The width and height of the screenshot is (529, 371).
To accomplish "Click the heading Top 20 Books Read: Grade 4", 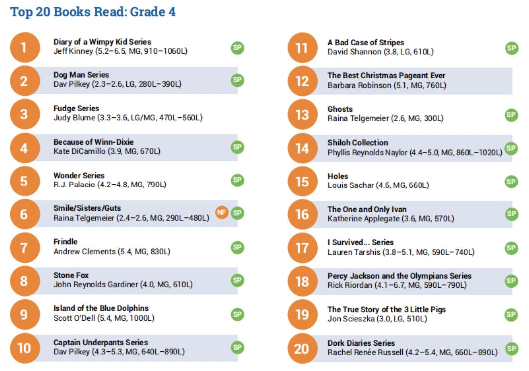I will click(93, 12).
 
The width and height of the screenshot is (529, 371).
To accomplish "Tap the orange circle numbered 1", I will click(24, 48).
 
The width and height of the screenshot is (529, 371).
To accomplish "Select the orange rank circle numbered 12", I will click(302, 81).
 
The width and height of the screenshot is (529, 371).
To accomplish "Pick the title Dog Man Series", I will click(81, 75).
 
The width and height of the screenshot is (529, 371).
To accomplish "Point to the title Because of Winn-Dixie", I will click(93, 142).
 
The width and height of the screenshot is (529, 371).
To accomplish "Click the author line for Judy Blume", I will click(128, 118).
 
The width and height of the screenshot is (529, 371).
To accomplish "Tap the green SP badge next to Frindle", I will click(237, 247).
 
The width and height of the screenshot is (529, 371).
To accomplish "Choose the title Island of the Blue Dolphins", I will click(101, 308).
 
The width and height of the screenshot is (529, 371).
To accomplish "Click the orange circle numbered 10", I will click(24, 348).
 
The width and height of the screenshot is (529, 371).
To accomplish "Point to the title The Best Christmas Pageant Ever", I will click(386, 76).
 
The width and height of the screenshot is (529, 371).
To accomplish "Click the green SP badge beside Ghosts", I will click(511, 115).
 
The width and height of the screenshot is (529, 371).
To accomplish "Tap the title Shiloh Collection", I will click(357, 143).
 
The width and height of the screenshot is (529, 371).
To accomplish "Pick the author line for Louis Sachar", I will click(378, 185).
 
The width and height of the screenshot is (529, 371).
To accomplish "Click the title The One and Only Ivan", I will click(371, 209).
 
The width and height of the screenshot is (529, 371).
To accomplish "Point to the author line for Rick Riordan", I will click(397, 285).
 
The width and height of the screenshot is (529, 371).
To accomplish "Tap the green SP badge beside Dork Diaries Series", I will click(511, 349).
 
